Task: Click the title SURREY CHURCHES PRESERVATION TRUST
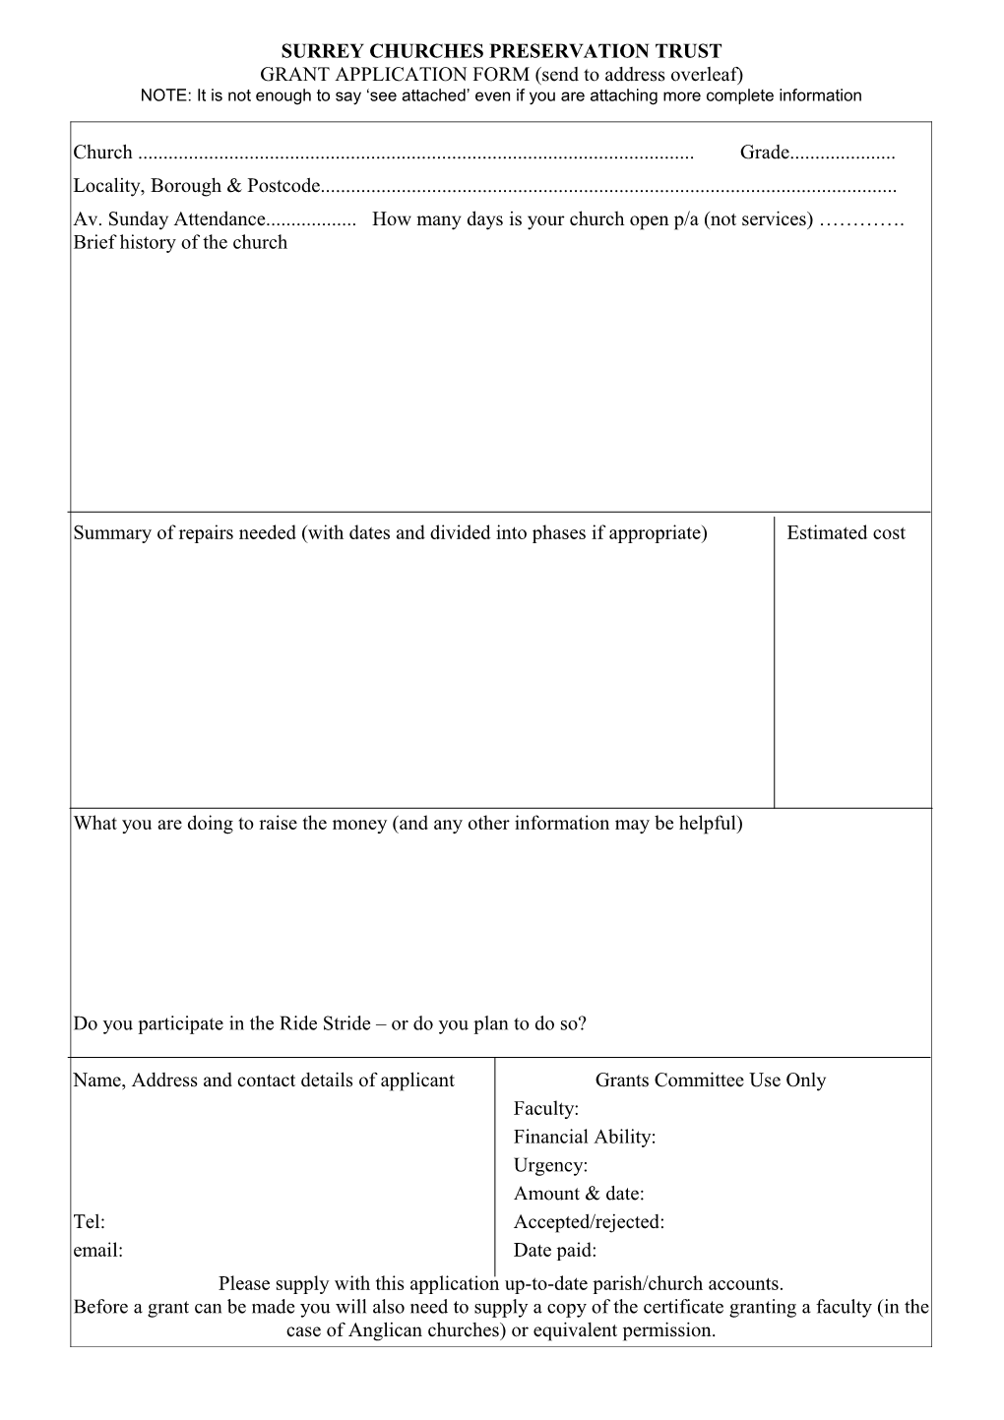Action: click(502, 51)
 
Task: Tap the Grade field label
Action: click(765, 153)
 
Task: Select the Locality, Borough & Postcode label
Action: click(197, 186)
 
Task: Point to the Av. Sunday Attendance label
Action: click(169, 219)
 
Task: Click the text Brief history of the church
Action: click(180, 243)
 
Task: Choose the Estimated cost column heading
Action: click(846, 533)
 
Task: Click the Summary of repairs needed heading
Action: click(390, 533)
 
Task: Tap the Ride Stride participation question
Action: click(330, 1023)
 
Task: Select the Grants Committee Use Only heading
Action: click(710, 1080)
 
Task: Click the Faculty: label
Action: click(545, 1109)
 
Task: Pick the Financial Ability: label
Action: click(584, 1138)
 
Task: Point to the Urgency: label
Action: click(550, 1166)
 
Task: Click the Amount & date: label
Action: click(579, 1194)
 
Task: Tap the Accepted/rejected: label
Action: click(589, 1222)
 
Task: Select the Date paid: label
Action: click(555, 1251)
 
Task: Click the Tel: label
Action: click(89, 1222)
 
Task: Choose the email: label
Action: click(97, 1251)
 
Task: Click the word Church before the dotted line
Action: click(102, 153)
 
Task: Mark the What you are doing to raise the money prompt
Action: click(408, 824)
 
